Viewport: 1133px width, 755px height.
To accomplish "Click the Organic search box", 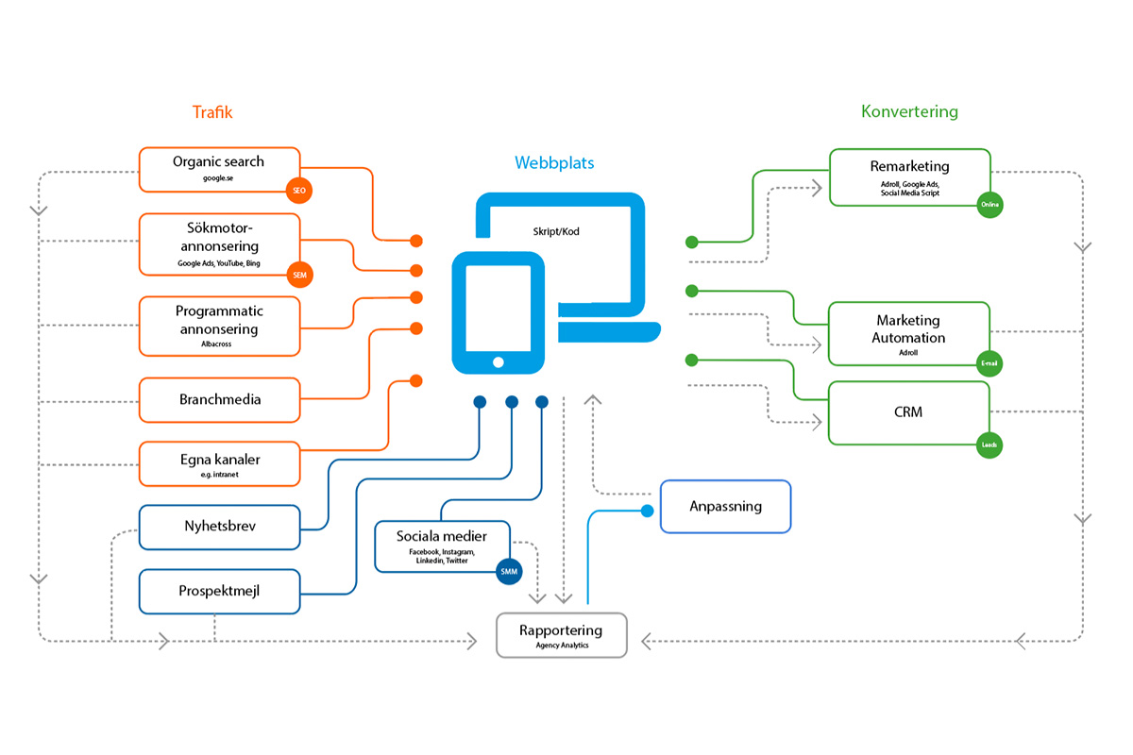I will click(219, 169).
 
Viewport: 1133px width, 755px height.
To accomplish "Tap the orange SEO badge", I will click(299, 192).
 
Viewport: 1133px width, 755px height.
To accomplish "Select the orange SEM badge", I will click(299, 276).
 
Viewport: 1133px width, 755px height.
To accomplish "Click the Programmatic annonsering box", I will click(219, 327).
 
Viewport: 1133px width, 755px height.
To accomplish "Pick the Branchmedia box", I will click(219, 400).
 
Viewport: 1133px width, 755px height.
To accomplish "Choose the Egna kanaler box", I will click(219, 464).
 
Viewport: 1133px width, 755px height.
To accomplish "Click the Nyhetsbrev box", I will click(219, 528).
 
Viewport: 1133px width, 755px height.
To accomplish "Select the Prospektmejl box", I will click(219, 592).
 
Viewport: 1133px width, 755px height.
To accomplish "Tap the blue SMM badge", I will click(510, 571).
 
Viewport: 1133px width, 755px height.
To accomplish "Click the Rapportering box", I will click(561, 635).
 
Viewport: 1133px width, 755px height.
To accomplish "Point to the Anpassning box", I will click(724, 507).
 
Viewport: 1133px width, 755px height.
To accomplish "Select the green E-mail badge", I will click(989, 364).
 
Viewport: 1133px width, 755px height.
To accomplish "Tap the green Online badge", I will click(989, 205).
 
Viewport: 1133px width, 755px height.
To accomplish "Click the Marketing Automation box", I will click(908, 333).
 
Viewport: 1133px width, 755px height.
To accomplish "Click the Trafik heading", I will click(211, 112).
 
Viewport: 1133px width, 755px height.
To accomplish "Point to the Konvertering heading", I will click(908, 111).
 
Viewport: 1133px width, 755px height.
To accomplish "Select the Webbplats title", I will click(554, 163).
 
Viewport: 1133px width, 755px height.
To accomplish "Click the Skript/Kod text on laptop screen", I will click(556, 231).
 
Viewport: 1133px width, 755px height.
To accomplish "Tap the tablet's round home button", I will click(498, 362).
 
